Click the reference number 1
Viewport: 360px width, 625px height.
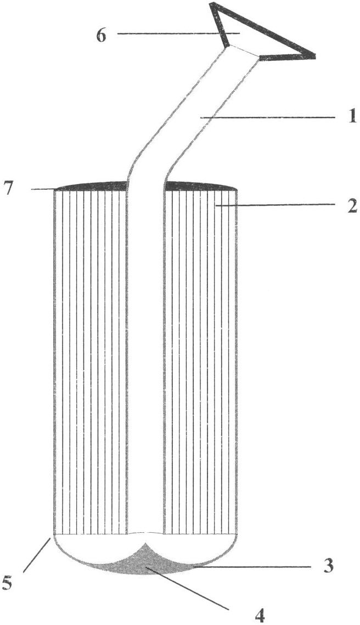click(351, 118)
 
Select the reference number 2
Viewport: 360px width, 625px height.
click(351, 206)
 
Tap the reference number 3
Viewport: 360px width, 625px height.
click(328, 565)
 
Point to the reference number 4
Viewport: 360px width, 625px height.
click(260, 614)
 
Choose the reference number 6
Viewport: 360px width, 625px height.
click(102, 35)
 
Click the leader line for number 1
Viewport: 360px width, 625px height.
click(267, 117)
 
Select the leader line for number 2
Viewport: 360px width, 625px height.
click(274, 205)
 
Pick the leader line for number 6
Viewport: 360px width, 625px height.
click(178, 34)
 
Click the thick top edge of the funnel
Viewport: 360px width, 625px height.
click(263, 28)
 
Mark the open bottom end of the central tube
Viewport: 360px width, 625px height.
click(145, 532)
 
